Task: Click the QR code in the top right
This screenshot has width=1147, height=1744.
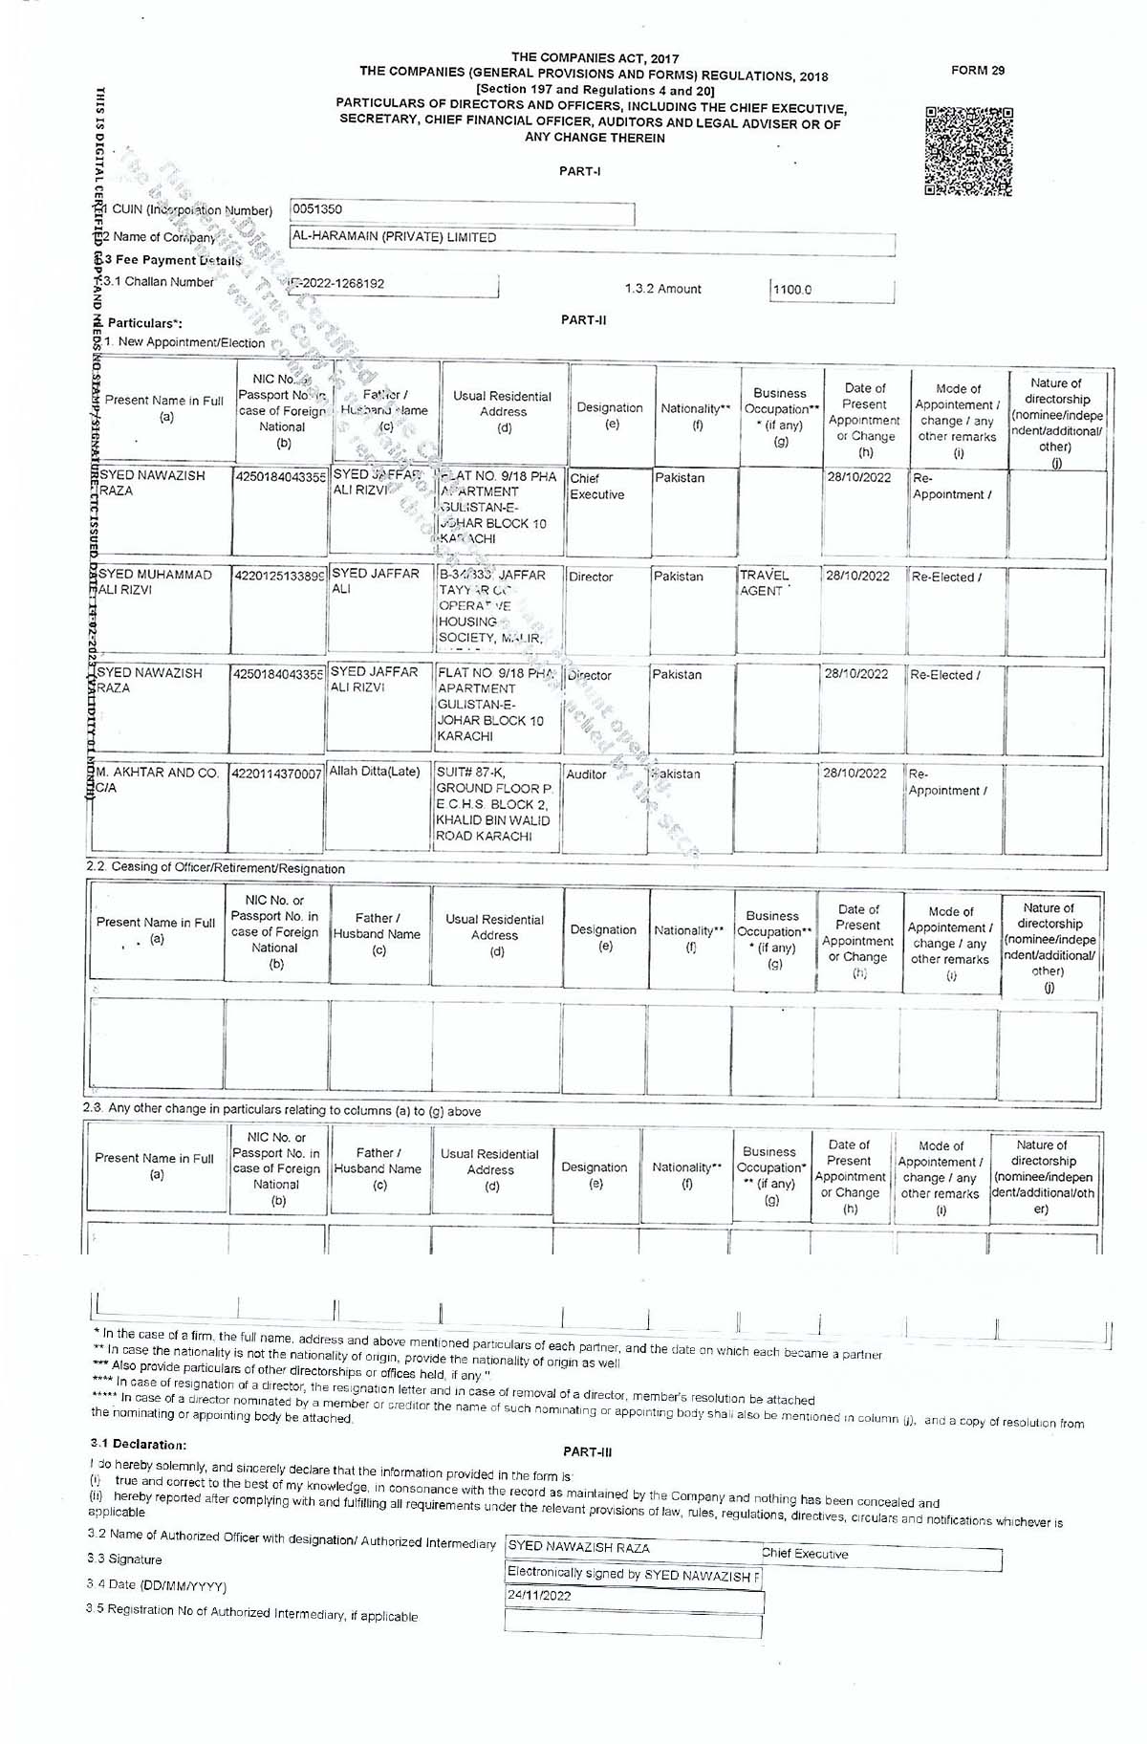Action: pos(968,151)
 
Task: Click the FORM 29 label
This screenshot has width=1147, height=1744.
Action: pos(978,71)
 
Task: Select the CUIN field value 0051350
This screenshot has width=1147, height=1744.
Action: pos(317,209)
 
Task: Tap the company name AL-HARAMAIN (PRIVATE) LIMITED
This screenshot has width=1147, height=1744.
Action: pos(394,237)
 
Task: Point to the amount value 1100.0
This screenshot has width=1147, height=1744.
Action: pos(791,290)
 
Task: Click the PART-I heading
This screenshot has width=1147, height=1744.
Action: pos(580,172)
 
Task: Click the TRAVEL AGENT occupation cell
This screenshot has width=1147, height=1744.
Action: pos(765,583)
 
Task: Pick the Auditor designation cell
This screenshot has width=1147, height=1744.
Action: pos(586,774)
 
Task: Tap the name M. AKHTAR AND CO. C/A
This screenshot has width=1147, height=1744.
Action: pos(158,780)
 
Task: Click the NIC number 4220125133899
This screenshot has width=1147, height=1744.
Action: pos(280,577)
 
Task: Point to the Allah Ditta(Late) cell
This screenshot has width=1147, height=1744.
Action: pos(375,772)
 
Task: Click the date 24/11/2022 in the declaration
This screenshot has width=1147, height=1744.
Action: pos(539,1596)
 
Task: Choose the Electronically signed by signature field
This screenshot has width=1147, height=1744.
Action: pos(633,1574)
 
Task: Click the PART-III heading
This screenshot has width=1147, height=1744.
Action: pos(587,1452)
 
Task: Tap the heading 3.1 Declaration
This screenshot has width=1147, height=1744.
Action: pos(139,1445)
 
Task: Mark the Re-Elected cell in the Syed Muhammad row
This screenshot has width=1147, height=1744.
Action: pos(946,578)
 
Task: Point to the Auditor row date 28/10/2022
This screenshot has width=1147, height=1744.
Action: pos(855,774)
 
